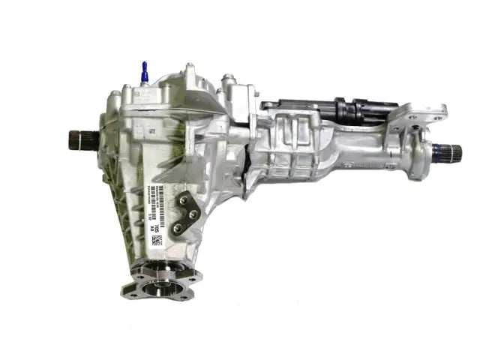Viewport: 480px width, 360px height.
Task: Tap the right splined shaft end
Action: (x=452, y=153)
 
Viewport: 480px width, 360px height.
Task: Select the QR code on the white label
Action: (x=157, y=240)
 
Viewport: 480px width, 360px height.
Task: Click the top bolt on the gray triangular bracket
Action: (x=184, y=201)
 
